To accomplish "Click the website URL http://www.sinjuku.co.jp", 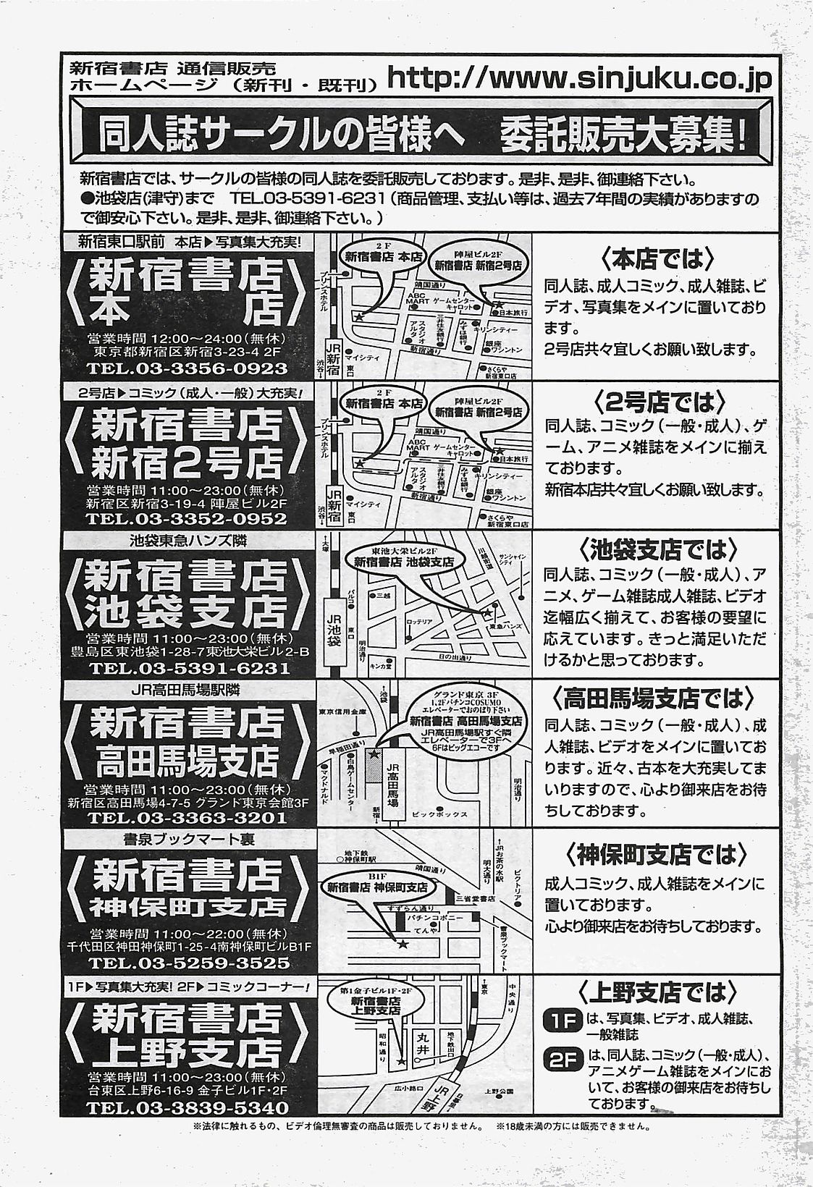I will tap(580, 77).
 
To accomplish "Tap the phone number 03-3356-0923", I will tap(187, 368).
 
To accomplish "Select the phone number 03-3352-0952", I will tap(187, 519).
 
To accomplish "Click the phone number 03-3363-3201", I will tap(187, 818).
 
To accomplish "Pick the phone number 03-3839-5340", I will tap(187, 1108).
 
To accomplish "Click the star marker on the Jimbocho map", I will tap(403, 944).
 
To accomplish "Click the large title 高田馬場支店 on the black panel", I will tap(187, 759).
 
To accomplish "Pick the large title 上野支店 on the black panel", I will tap(187, 1050).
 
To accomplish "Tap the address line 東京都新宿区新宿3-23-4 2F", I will tap(187, 352).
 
